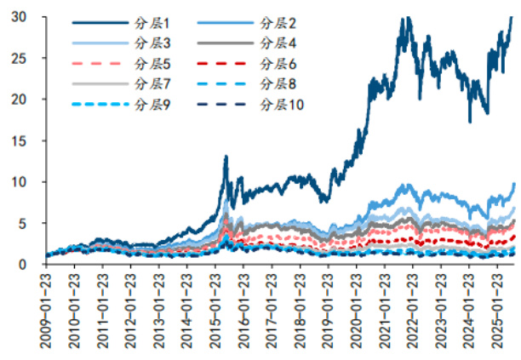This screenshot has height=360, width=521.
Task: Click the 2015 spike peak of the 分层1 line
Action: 226,157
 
